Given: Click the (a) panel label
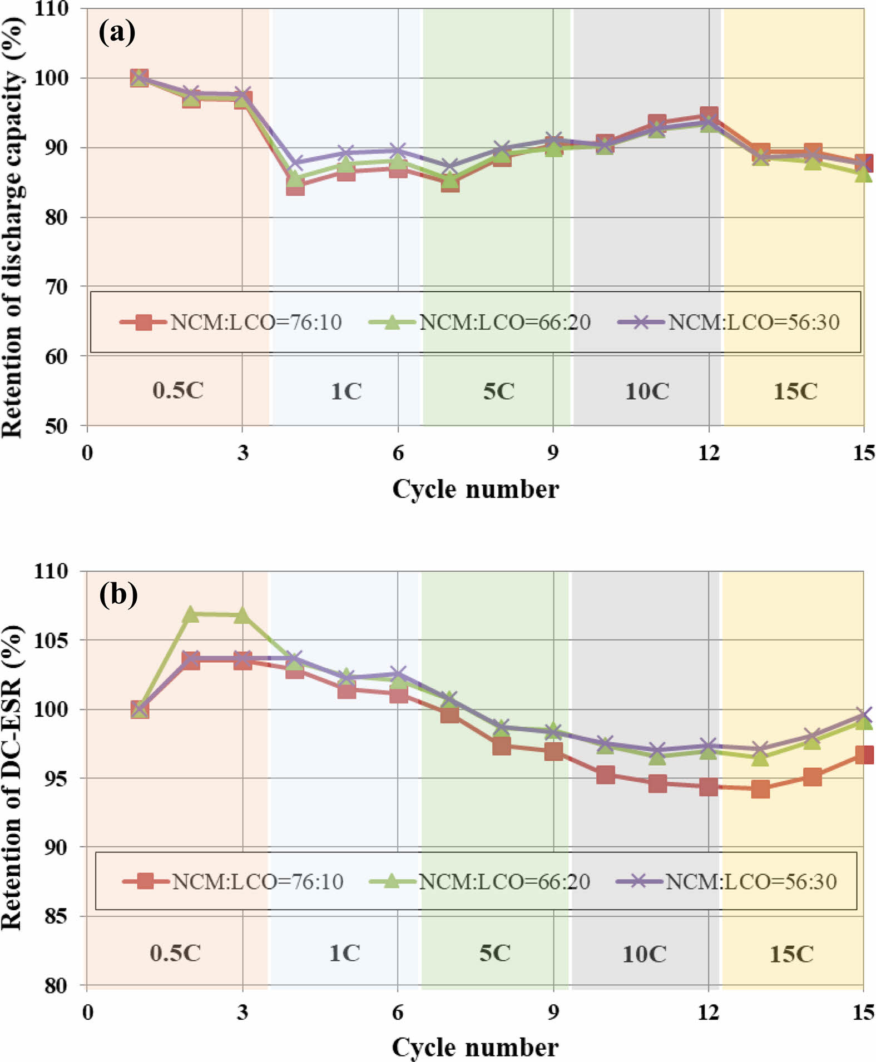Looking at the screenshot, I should [117, 32].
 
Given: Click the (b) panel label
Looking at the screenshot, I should [118, 594].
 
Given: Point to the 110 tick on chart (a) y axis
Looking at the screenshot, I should [52, 9].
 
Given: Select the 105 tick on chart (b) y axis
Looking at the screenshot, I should [52, 641].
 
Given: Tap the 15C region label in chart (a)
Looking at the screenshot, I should [795, 391].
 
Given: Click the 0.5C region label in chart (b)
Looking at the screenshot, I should [175, 953].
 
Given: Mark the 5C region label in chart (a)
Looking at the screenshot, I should [498, 391].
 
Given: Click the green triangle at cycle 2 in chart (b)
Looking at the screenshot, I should [191, 614].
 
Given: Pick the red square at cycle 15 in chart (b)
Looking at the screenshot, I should [864, 755].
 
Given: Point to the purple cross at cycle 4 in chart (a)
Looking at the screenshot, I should [295, 163].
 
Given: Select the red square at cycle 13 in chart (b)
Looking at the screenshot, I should [760, 788].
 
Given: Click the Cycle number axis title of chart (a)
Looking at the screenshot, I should [476, 489].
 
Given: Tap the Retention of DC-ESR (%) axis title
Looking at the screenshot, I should [12, 778].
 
